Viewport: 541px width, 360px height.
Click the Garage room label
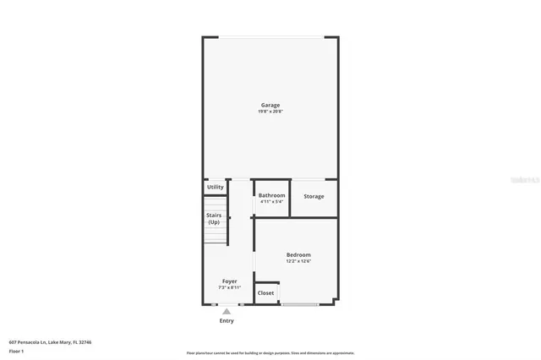pos(270,105)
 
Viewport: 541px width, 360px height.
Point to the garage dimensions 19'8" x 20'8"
pos(270,112)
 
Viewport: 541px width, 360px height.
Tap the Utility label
pos(216,187)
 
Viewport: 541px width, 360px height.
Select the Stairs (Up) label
pos(215,218)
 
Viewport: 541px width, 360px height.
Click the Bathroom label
pos(272,194)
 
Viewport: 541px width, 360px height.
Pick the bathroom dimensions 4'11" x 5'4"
pos(272,201)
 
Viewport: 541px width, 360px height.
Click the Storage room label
pos(314,197)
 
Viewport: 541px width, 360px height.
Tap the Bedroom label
pos(298,254)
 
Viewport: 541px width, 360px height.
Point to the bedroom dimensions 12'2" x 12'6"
pos(298,261)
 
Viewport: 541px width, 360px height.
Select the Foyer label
pos(229,281)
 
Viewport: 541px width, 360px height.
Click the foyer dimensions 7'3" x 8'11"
pos(229,287)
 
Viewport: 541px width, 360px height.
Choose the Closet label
pos(265,293)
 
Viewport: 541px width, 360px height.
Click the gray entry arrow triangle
pos(227,312)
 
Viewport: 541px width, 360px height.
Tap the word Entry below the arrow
pos(227,321)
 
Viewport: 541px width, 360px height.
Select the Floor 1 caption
pos(16,351)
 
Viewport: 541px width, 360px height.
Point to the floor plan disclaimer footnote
pos(270,353)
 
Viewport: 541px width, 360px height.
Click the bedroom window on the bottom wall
pos(300,304)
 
